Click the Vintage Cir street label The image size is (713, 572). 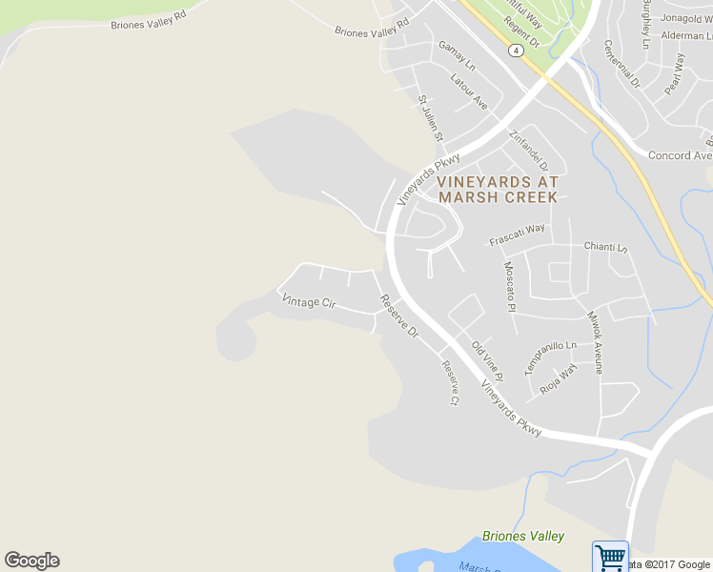point(310,302)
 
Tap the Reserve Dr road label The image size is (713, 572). point(399,317)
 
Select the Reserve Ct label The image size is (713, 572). point(450,382)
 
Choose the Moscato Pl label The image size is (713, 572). point(509,286)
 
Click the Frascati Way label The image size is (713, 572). point(517,235)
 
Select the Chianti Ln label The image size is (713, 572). point(606,247)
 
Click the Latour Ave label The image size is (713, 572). point(469,91)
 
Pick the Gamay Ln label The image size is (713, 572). point(457,55)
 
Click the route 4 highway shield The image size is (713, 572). point(515,50)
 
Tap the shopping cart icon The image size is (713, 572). point(610,555)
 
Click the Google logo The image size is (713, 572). point(31,561)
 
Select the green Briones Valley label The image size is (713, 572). point(523,537)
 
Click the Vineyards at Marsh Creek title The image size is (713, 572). point(498,189)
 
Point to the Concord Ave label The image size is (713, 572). point(680,155)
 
